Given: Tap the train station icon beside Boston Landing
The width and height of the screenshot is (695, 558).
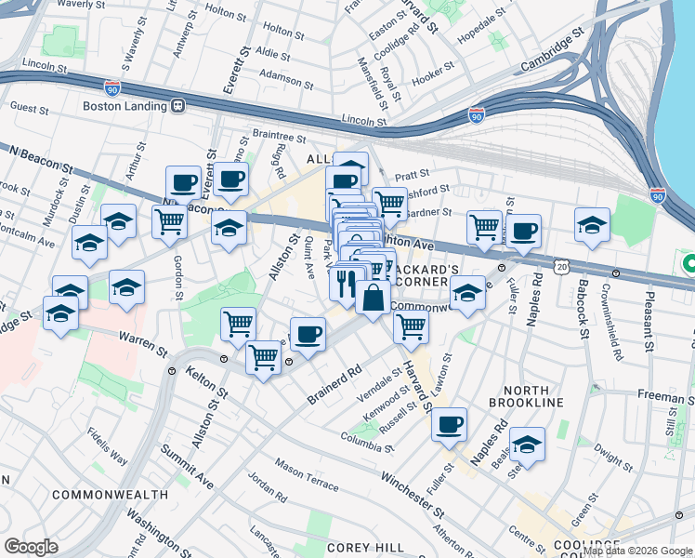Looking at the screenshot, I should point(177,106).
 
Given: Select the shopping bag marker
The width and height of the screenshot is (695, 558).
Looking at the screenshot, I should point(373,299).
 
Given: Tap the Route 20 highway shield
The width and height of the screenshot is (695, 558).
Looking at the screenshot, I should point(562,266).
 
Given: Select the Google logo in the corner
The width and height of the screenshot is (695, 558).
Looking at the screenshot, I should point(31,547).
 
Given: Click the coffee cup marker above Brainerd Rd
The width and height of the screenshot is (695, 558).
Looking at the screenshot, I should point(308,334).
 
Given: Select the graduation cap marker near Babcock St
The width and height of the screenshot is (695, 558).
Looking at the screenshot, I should point(592,224).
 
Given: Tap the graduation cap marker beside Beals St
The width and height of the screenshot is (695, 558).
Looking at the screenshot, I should point(527,445).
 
